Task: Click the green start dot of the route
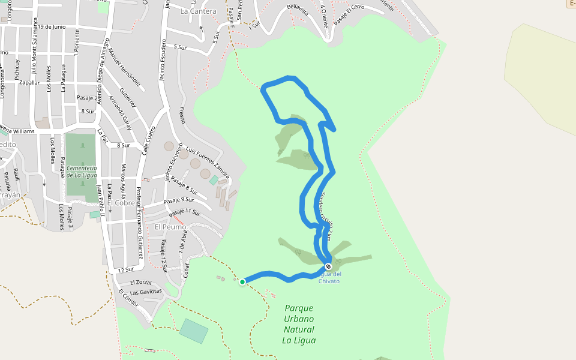[x=242, y=281]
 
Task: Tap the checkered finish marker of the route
[x=328, y=266]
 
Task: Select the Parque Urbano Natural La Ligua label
[x=299, y=324]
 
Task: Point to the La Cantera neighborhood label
[x=198, y=11]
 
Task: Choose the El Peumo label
[x=170, y=227]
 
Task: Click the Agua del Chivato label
[x=329, y=277]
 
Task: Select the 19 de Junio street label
[x=52, y=26]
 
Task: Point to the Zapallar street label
[x=29, y=82]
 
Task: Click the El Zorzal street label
[x=141, y=281]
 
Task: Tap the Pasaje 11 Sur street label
[x=184, y=212]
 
